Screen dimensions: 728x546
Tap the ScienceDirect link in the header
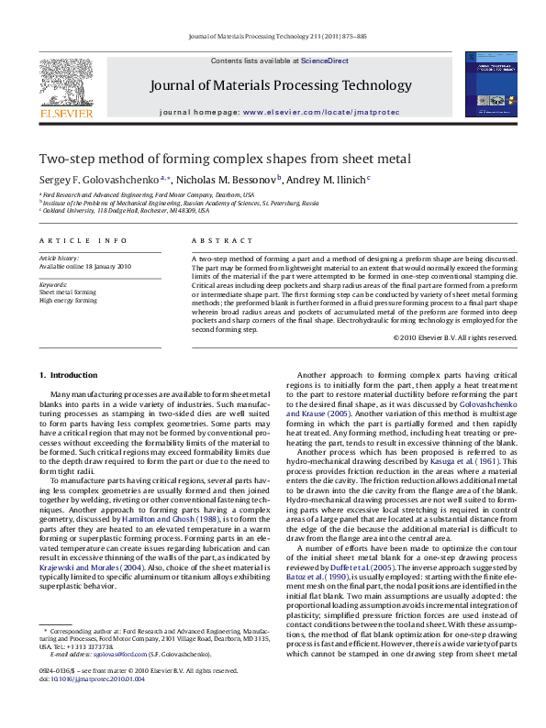coord(326,61)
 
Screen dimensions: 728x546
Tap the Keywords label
coord(54,284)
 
